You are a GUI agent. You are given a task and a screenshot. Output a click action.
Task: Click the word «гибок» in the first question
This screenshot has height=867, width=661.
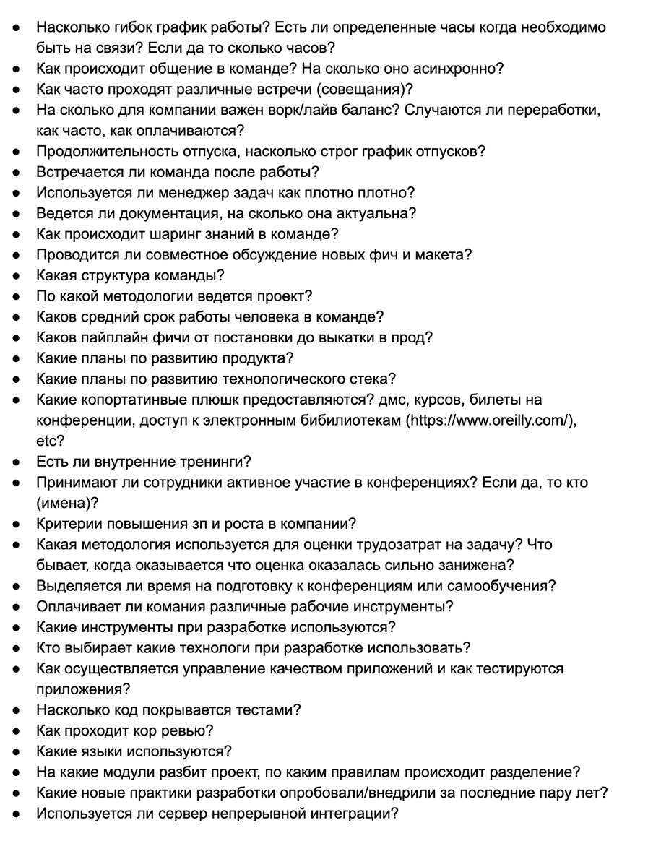pos(132,27)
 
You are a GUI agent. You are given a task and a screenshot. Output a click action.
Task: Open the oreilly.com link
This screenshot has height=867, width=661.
pos(492,420)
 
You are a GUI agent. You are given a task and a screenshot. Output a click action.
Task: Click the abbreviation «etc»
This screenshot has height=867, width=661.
pos(47,441)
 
